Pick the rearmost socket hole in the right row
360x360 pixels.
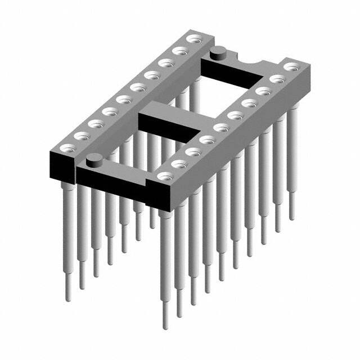[291, 67]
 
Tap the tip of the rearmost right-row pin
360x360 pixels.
[291, 216]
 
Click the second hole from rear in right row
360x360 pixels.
[276, 79]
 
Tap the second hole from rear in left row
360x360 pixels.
[181, 51]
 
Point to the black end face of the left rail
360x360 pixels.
[63, 166]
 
